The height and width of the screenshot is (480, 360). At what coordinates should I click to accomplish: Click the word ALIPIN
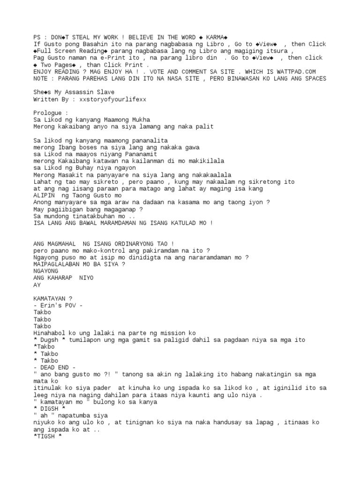coord(44,195)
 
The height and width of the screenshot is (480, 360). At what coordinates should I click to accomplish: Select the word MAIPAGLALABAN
coord(57,264)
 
